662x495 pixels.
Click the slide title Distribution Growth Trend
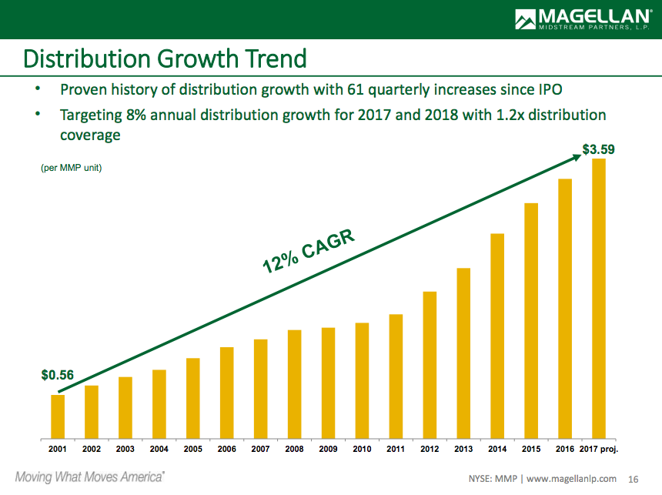pyautogui.click(x=165, y=59)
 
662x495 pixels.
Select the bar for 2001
pyautogui.click(x=58, y=415)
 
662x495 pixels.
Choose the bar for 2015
pyautogui.click(x=531, y=319)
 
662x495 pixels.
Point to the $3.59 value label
pyautogui.click(x=598, y=149)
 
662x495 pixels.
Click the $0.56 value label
pyautogui.click(x=57, y=376)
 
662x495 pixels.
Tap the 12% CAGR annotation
pyautogui.click(x=308, y=251)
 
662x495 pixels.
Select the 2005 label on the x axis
pyautogui.click(x=193, y=449)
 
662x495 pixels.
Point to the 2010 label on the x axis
pyautogui.click(x=362, y=449)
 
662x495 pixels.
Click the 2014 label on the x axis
pyautogui.click(x=497, y=449)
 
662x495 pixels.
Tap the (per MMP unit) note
pyautogui.click(x=71, y=168)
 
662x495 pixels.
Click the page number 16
pyautogui.click(x=634, y=478)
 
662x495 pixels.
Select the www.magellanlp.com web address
pyautogui.click(x=572, y=478)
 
